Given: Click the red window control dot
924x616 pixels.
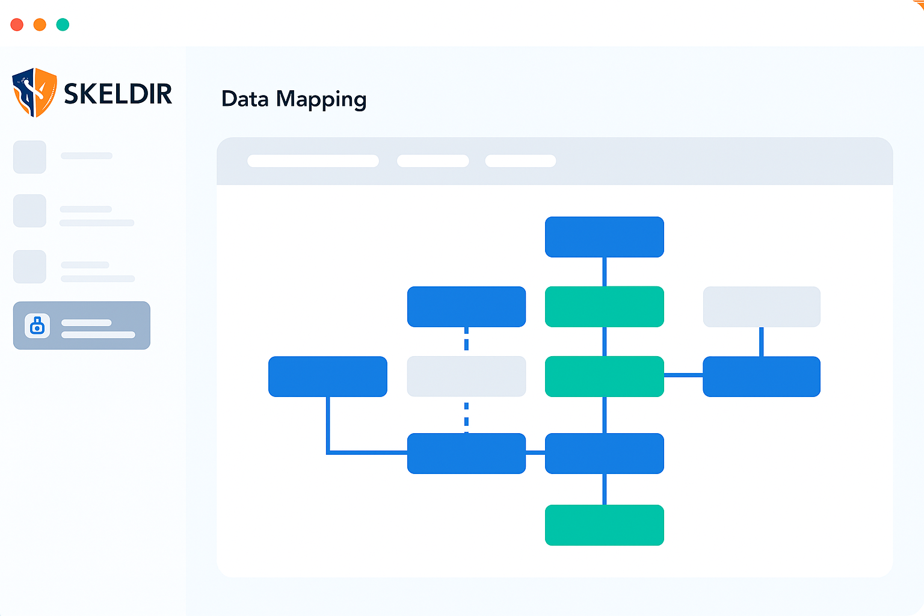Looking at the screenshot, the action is [17, 25].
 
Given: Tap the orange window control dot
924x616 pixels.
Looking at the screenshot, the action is [40, 25].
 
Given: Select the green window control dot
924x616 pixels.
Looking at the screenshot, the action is [63, 25].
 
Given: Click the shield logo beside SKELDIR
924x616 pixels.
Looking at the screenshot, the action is [35, 93].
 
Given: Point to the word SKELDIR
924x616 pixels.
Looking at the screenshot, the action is [118, 94].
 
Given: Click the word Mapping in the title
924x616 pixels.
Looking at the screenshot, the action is [321, 99].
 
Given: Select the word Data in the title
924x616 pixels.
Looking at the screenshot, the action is [245, 99].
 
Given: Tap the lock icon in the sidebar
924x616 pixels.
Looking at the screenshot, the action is [37, 325].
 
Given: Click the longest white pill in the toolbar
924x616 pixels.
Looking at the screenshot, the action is [313, 161].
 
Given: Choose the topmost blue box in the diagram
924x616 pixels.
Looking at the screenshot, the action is [605, 237].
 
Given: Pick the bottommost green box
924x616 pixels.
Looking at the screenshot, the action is [605, 525].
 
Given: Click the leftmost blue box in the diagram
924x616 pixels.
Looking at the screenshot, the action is [327, 377].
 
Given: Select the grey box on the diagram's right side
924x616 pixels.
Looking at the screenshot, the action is [762, 307].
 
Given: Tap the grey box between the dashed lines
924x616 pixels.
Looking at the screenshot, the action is [466, 377].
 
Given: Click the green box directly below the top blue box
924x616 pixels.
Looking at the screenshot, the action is [605, 307].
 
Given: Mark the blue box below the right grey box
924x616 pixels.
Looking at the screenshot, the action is [762, 377].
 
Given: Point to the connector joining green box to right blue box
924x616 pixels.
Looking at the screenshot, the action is [683, 375].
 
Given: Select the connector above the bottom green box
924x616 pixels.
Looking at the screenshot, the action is [605, 489].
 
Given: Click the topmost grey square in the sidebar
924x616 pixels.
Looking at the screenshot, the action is [29, 157].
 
